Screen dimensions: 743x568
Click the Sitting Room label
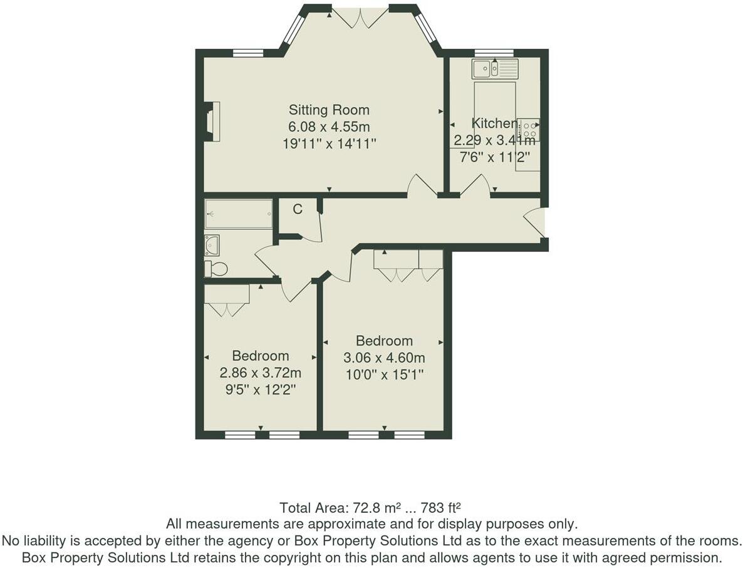[329, 110]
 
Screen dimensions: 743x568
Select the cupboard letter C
[298, 209]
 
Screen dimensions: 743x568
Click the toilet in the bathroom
[216, 269]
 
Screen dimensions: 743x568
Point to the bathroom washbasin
[212, 244]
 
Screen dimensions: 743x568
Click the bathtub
[239, 214]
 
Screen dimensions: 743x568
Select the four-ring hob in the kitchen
[529, 130]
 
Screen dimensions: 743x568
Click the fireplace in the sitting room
[212, 121]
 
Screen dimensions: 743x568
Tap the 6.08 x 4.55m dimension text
[329, 127]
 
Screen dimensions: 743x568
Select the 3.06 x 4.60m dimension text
[384, 358]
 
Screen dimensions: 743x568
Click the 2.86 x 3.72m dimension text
[261, 373]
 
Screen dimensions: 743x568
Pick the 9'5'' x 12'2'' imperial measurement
[261, 390]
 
